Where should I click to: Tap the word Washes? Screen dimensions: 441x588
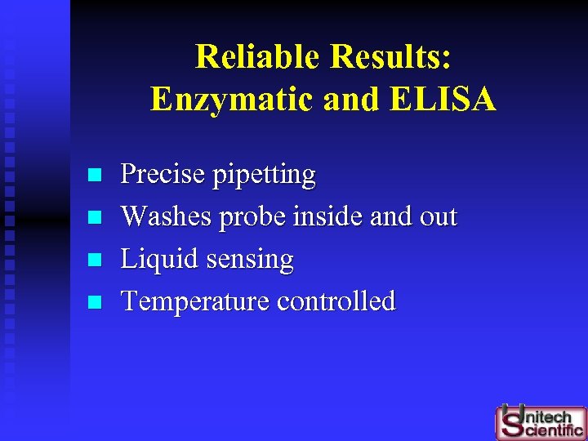click(167, 216)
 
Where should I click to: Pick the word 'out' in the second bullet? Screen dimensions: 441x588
click(438, 216)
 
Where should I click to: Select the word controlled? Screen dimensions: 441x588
click(336, 301)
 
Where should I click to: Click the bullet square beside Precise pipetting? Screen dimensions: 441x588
click(95, 175)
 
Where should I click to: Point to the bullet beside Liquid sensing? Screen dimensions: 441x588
click(95, 260)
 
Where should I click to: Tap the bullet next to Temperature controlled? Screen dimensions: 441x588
click(95, 302)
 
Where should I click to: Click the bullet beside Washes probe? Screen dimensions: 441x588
click(95, 217)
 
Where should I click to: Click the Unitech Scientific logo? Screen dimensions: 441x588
click(540, 421)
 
